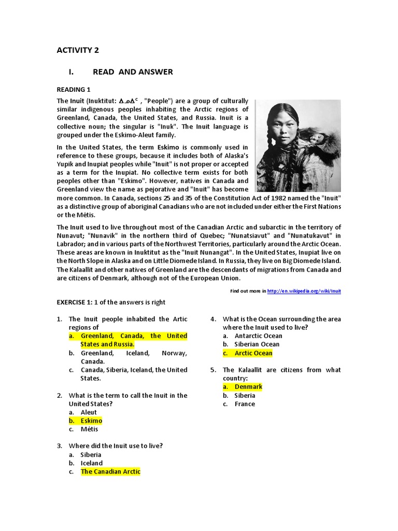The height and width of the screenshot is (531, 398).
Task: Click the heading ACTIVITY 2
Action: click(x=77, y=50)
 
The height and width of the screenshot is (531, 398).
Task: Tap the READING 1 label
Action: click(x=74, y=90)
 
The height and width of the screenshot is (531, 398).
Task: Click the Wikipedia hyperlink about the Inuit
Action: click(x=304, y=291)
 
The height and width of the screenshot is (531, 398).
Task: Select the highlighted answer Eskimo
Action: click(x=91, y=421)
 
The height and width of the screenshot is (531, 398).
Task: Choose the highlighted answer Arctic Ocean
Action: click(x=253, y=353)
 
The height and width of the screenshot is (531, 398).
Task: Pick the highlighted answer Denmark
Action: click(x=248, y=387)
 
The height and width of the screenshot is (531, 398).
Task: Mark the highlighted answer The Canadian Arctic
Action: click(x=110, y=471)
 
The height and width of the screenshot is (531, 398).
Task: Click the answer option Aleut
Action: click(x=89, y=412)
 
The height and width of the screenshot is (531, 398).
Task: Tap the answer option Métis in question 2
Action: click(x=89, y=429)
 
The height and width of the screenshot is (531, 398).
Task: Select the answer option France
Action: click(x=245, y=404)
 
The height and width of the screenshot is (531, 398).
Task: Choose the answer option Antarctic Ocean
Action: click(x=258, y=336)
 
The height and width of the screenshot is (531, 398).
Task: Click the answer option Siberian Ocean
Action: click(x=257, y=344)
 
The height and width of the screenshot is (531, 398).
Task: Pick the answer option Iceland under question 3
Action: click(x=92, y=463)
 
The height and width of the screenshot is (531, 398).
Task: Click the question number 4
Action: click(x=213, y=319)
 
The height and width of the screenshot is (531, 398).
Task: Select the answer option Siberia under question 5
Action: click(x=245, y=395)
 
